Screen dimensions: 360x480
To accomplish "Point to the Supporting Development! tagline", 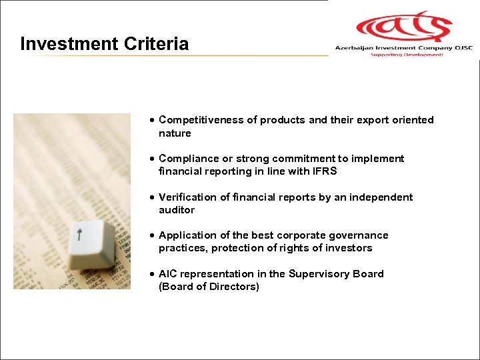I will click(407, 55).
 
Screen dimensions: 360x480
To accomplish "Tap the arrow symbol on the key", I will click(79, 234).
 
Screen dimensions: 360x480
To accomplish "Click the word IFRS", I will click(323, 171).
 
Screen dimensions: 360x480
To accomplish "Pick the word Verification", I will click(185, 197).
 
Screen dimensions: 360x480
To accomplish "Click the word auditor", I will click(177, 210).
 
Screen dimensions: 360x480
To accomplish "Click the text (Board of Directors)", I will click(209, 287).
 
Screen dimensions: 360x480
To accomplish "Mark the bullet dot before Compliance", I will click(153, 159).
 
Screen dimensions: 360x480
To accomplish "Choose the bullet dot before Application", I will click(153, 236).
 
